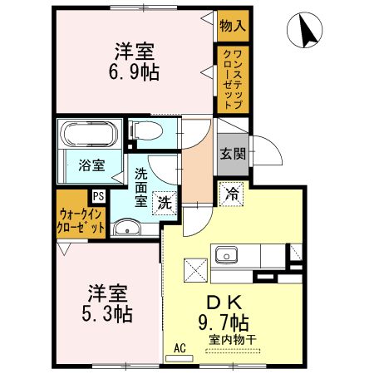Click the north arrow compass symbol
tap(304, 30)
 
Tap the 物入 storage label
tap(233, 27)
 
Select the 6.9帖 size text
tap(134, 73)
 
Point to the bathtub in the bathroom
tap(90, 134)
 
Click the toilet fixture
tap(146, 130)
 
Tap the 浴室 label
tap(91, 165)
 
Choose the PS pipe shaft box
tap(99, 196)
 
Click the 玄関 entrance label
tap(233, 154)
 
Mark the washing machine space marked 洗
tap(165, 204)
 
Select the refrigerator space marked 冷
tap(231, 194)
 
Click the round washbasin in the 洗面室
tap(127, 229)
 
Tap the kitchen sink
tap(227, 254)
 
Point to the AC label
tap(180, 348)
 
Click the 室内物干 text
tap(233, 340)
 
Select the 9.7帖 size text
tap(224, 322)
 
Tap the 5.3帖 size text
tap(107, 314)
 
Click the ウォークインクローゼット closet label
tap(81, 221)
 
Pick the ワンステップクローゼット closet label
tap(233, 80)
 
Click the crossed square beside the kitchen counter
tap(195, 270)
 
